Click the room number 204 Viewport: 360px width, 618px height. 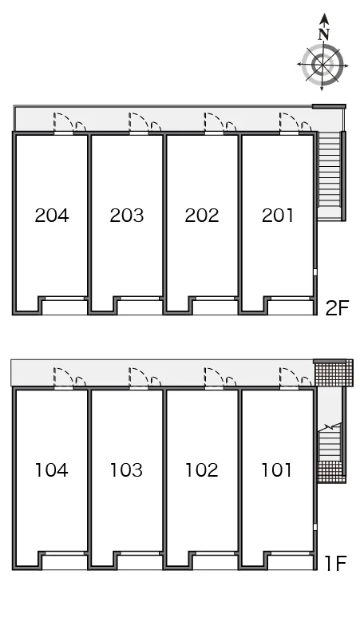52,216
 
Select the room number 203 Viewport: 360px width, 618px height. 126,216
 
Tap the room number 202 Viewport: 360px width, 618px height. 202,216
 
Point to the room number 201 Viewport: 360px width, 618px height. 277,216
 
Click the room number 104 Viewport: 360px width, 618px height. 52,469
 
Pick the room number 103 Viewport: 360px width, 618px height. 126,469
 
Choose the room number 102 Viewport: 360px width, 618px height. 202,469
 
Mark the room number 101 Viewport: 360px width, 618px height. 276,469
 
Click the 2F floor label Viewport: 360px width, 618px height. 337,308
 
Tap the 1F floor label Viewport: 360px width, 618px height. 335,563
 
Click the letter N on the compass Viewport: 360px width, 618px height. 324,35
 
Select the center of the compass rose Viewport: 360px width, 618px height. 322,65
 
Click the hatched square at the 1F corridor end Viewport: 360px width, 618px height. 333,373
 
